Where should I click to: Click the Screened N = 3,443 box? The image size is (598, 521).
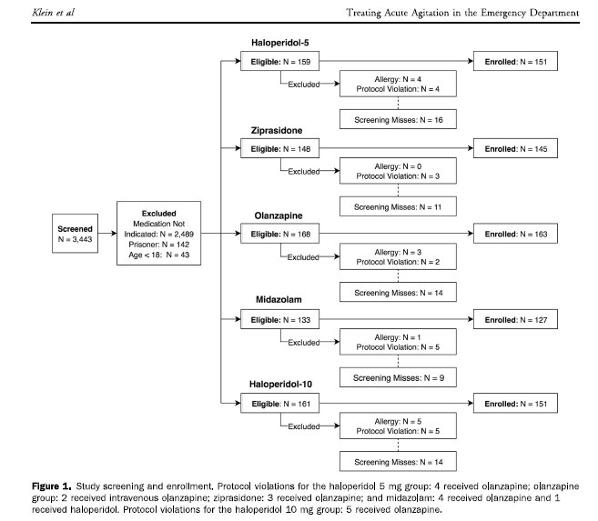click(x=76, y=234)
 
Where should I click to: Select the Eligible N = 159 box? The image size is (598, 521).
click(x=280, y=61)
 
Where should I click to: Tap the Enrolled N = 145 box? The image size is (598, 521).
click(x=515, y=148)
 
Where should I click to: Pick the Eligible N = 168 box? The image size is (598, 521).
click(x=280, y=234)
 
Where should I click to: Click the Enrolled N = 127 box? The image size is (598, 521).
click(x=515, y=319)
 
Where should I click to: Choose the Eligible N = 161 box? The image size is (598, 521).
click(x=280, y=404)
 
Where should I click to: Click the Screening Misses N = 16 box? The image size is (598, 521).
click(x=398, y=120)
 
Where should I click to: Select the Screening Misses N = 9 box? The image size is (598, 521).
click(x=398, y=377)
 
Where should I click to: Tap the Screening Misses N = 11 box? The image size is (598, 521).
click(x=398, y=206)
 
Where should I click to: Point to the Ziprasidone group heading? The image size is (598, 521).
click(x=277, y=131)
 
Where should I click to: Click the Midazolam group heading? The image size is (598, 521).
click(x=279, y=300)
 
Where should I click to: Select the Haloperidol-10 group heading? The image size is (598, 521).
click(x=280, y=385)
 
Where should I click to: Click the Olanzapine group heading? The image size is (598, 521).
click(x=279, y=215)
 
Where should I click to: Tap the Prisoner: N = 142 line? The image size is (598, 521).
click(x=159, y=245)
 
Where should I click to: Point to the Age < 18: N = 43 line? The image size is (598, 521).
click(x=159, y=255)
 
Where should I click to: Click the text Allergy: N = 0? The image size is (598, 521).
click(x=398, y=166)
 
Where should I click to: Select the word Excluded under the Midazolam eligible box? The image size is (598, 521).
click(x=304, y=343)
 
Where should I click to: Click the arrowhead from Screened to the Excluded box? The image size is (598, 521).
click(x=114, y=233)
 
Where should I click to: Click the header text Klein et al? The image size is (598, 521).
click(x=54, y=13)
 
